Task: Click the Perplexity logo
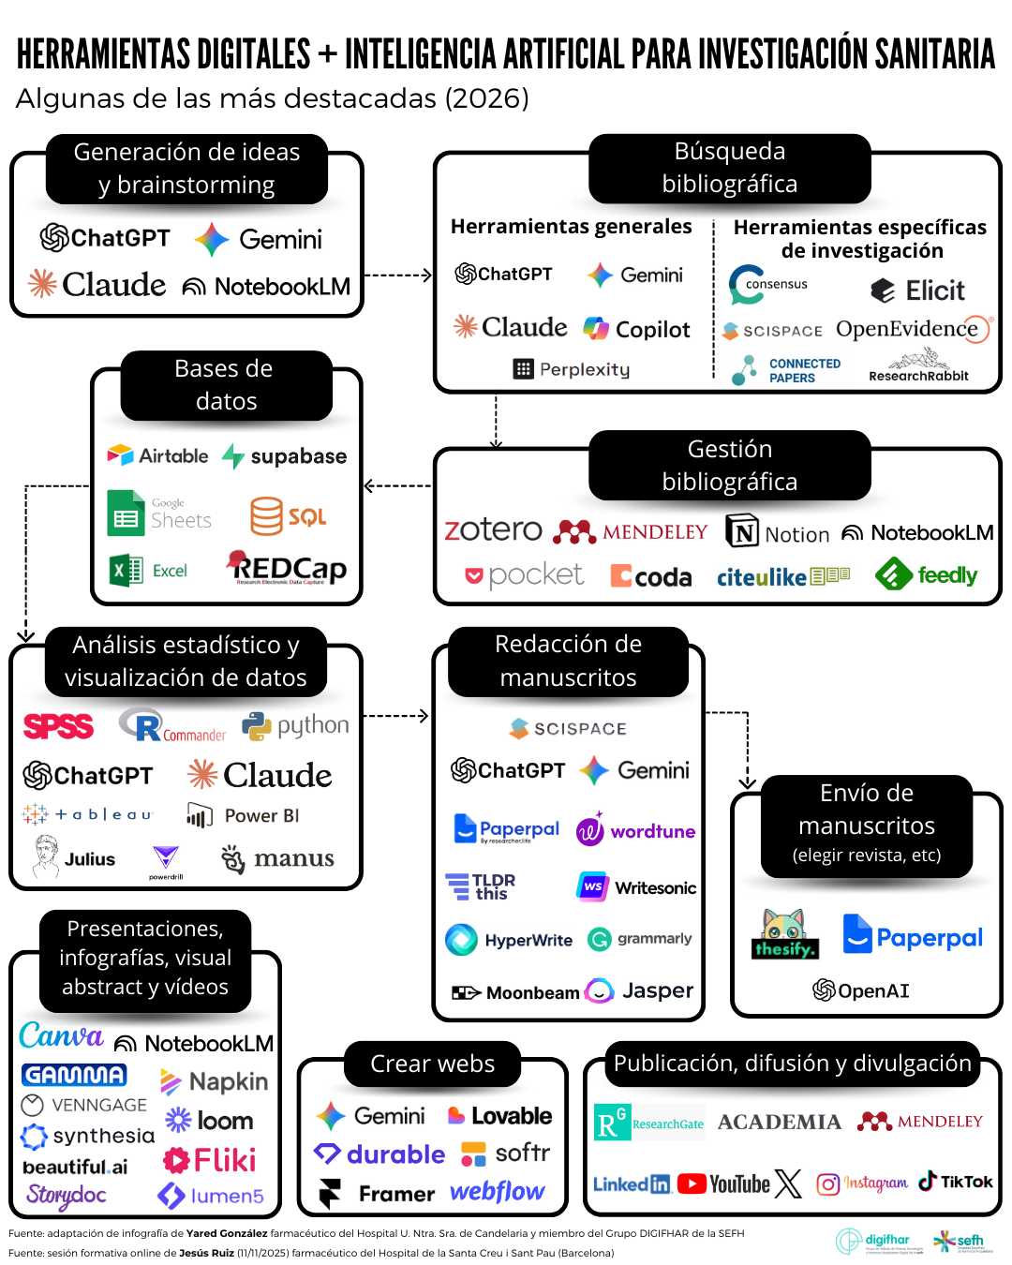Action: tap(572, 369)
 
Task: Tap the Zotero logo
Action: tap(493, 530)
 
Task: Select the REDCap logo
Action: tap(287, 567)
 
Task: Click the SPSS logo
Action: tap(58, 726)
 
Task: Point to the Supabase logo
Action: tap(284, 456)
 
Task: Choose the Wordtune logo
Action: tap(635, 831)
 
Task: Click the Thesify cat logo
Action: tap(784, 934)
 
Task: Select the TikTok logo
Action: tap(955, 1182)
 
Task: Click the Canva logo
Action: tap(61, 1035)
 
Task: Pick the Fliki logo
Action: tap(210, 1161)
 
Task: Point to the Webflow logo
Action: tap(497, 1192)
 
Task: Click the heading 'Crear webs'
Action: tap(432, 1064)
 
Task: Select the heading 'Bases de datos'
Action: tap(225, 385)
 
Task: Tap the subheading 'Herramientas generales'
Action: tap(571, 227)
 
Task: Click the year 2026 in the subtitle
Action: tap(486, 98)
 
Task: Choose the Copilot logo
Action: tap(636, 329)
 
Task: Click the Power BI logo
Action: tap(243, 816)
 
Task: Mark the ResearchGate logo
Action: tap(649, 1123)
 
